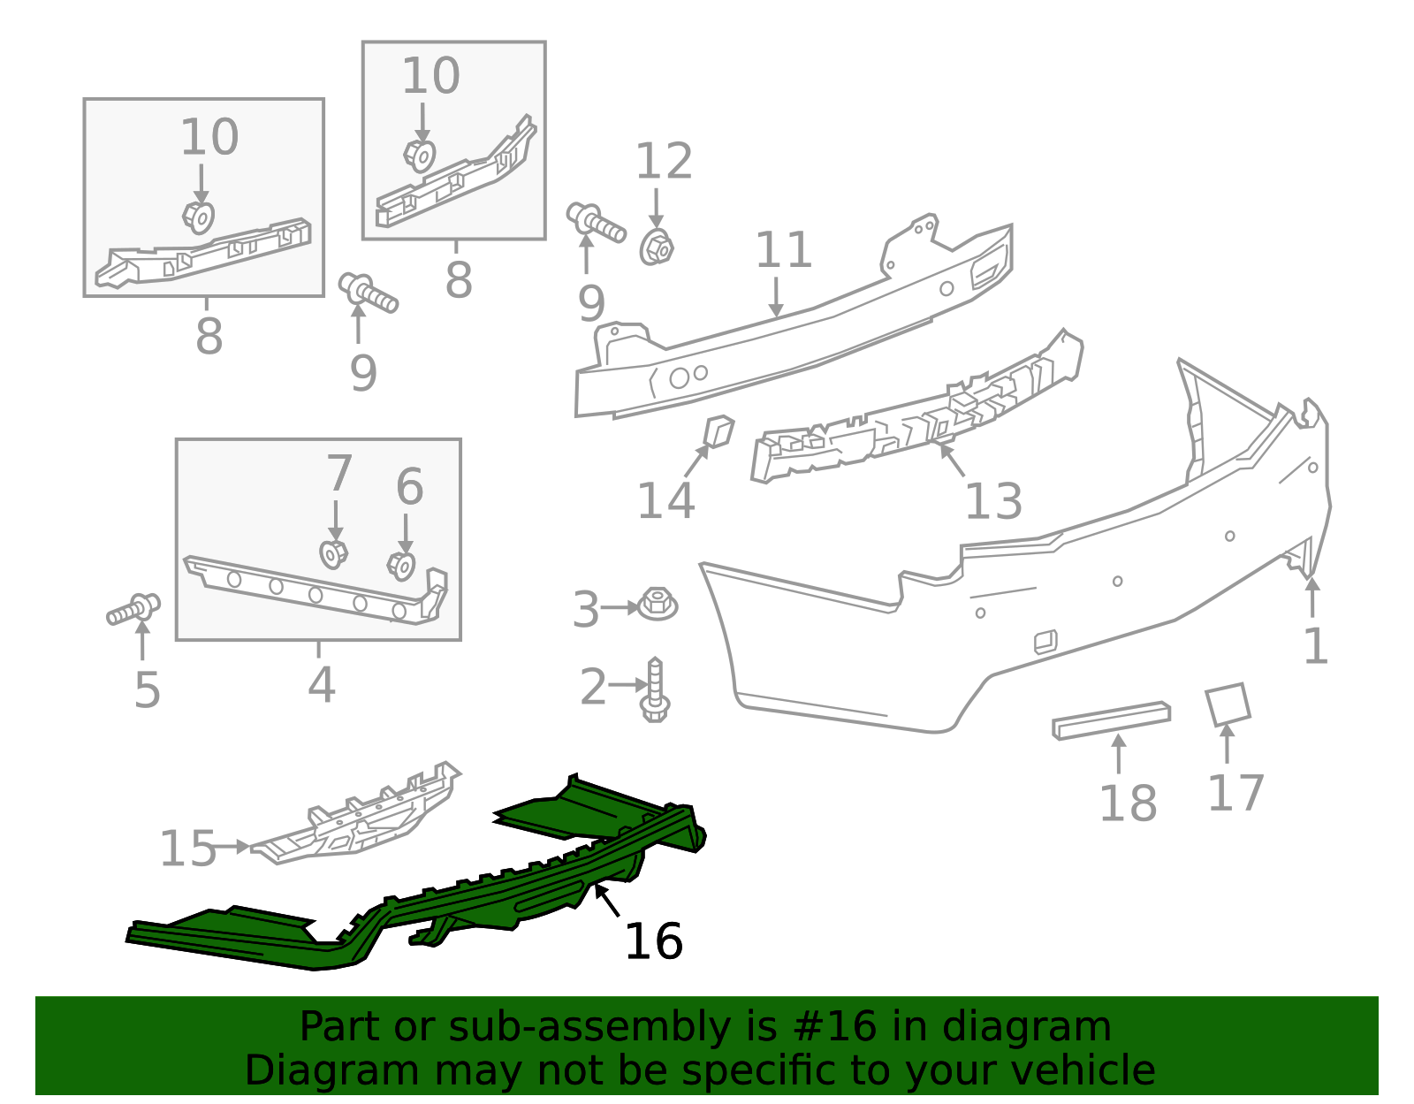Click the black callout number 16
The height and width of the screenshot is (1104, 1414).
point(653,941)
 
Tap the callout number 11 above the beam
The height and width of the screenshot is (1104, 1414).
point(783,250)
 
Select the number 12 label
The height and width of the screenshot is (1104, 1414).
point(663,161)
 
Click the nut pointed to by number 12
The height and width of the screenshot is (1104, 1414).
point(657,247)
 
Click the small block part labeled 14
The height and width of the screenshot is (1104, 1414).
point(719,430)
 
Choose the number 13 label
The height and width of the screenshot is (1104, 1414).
point(993,501)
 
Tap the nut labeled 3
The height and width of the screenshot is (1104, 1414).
point(658,604)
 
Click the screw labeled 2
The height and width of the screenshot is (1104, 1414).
point(655,689)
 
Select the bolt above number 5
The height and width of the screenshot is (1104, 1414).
point(133,610)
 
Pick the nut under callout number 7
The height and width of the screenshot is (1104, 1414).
point(334,554)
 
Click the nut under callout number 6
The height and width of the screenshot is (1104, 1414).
point(401,566)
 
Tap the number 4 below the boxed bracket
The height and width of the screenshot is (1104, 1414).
point(322,684)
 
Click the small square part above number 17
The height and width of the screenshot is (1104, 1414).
point(1228,704)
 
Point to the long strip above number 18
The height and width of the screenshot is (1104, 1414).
point(1111,720)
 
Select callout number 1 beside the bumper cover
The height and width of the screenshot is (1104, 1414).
point(1315,646)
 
